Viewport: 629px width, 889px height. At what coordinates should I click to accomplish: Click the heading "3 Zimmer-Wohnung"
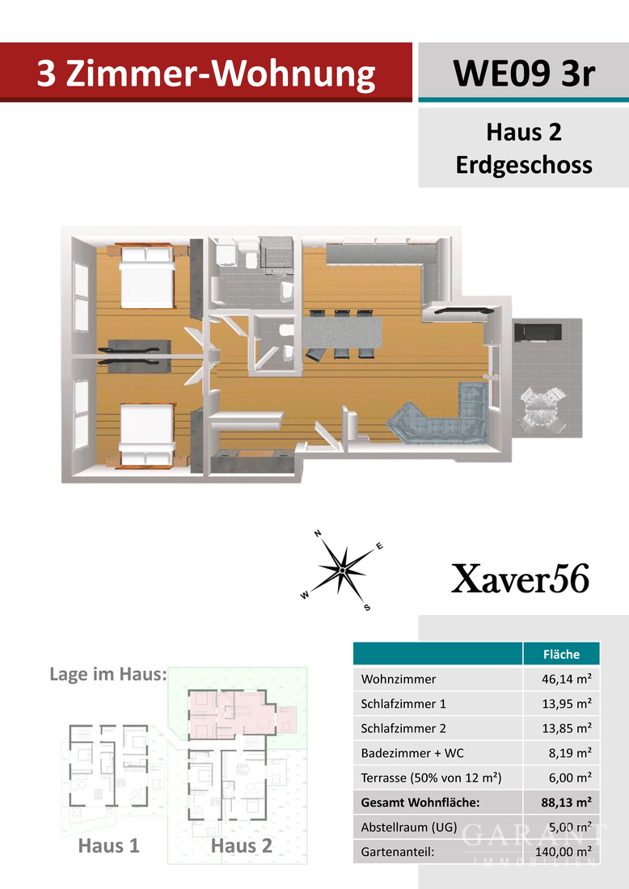[x=206, y=74]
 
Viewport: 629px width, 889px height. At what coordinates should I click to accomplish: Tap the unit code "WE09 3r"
[x=523, y=74]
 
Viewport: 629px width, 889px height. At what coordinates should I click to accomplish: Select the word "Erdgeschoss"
[x=523, y=165]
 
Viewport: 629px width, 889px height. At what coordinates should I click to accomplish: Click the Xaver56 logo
[x=520, y=579]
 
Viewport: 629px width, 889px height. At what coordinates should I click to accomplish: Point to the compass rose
[x=343, y=569]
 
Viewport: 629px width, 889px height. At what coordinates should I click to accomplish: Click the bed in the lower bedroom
[x=146, y=437]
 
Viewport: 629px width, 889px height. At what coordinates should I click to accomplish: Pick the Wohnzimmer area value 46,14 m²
[x=567, y=680]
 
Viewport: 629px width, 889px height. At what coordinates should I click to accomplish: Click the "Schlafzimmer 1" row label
[x=403, y=704]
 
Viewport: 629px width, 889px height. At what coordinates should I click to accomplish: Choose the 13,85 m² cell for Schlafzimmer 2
[x=567, y=728]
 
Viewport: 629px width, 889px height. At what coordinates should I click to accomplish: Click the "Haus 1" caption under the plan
[x=108, y=845]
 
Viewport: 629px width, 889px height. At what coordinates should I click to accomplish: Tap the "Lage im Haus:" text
[x=108, y=673]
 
